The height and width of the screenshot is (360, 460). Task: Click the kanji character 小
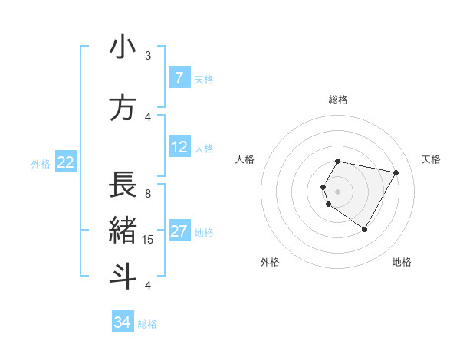[123, 48]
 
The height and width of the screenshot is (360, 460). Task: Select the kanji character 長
[123, 185]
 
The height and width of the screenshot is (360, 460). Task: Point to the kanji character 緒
[123, 231]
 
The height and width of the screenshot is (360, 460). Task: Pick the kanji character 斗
[123, 277]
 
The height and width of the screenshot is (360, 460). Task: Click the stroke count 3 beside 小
[148, 56]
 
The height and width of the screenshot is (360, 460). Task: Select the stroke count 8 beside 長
[148, 193]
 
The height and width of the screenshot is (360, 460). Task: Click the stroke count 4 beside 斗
[148, 286]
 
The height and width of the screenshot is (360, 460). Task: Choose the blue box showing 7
[179, 78]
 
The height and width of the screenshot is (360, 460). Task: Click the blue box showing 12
[179, 147]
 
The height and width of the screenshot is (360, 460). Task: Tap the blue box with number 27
[179, 231]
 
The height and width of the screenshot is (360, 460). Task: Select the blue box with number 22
[66, 162]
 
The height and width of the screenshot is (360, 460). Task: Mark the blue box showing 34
[122, 322]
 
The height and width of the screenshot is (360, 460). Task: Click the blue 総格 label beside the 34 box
[147, 324]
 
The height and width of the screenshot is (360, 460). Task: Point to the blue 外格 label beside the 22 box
[41, 163]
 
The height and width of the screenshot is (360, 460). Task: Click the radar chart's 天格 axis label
[431, 159]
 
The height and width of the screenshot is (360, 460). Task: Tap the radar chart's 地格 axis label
[402, 262]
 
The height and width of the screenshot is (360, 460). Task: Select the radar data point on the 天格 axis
[396, 172]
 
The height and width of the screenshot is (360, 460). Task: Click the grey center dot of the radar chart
[338, 191]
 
